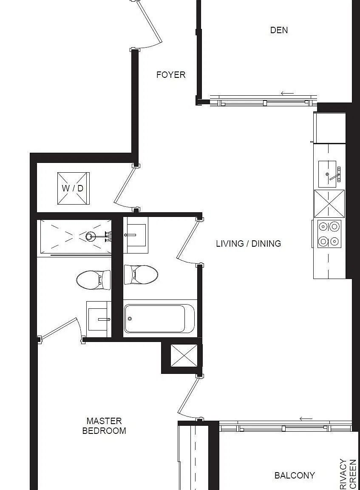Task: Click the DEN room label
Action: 279,30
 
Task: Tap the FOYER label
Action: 171,75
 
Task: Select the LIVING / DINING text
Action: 249,243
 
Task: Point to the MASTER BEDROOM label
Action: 104,426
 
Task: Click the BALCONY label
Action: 295,475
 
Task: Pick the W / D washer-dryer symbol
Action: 74,188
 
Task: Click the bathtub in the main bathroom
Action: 159,319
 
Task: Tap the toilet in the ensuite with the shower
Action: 94,280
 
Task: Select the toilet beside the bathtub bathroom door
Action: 141,275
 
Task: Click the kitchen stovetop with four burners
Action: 329,234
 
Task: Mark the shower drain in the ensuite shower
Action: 91,236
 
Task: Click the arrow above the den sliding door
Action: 287,93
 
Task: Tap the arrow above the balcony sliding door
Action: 306,419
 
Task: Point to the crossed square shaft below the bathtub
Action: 184,356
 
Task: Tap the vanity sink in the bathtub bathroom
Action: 135,235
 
